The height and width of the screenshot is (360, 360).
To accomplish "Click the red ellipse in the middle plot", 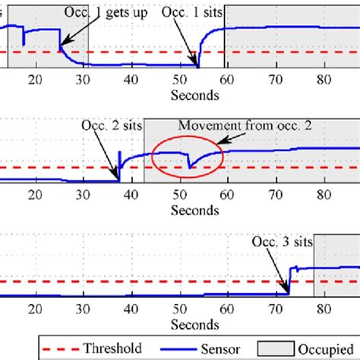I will [x=188, y=157].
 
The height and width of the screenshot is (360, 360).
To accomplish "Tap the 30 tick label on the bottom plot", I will [x=84, y=311].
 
